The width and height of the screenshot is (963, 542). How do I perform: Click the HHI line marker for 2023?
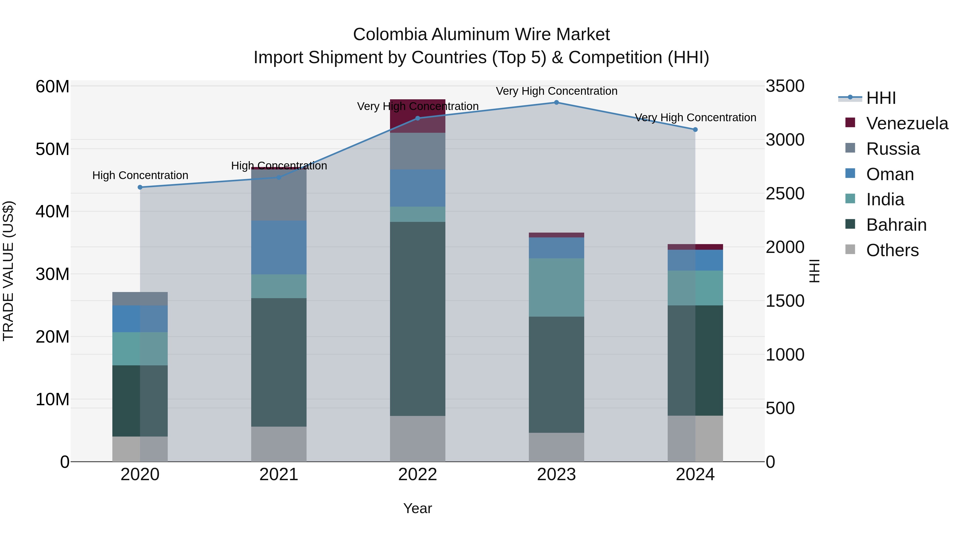[556, 103]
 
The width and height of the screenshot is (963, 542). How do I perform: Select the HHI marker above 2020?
[140, 187]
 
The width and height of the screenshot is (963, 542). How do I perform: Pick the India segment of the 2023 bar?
[556, 287]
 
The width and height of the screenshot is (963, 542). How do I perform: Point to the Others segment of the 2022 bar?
[418, 438]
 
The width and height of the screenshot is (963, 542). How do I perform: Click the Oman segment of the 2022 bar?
[418, 188]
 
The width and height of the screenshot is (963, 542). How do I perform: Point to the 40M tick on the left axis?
[52, 212]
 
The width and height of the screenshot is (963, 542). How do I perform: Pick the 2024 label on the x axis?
[695, 475]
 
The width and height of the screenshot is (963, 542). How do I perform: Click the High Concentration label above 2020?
[140, 175]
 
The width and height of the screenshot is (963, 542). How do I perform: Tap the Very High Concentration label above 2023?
[556, 91]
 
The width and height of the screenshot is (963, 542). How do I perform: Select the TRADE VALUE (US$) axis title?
[8, 271]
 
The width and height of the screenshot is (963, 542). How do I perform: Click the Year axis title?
[418, 508]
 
